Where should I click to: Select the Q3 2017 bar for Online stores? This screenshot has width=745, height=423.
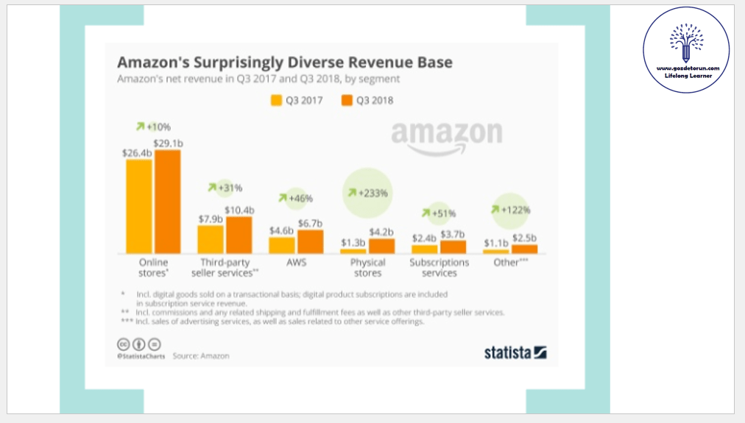tap(138, 206)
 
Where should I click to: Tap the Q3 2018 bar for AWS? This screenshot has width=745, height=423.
tap(310, 241)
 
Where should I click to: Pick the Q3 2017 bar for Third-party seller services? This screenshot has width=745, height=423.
tap(211, 239)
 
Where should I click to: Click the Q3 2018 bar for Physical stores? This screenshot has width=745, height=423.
tap(381, 246)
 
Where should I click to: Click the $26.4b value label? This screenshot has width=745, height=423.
tap(137, 153)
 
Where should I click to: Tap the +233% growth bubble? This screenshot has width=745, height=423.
tap(367, 193)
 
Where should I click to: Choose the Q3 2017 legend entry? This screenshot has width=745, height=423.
tap(297, 101)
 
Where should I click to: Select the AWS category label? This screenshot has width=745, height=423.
tap(296, 263)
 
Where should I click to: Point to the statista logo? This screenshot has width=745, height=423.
tap(515, 352)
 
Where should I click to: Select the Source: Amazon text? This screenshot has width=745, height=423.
tap(201, 356)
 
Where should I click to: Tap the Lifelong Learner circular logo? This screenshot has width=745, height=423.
tap(686, 49)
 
